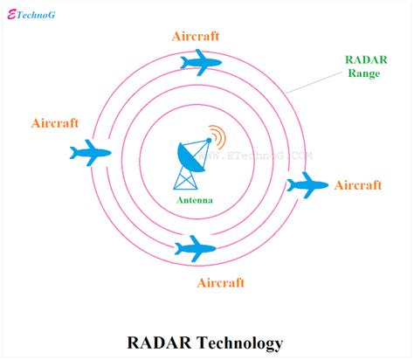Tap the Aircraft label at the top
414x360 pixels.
pyautogui.click(x=194, y=36)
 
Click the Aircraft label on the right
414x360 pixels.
pyautogui.click(x=358, y=185)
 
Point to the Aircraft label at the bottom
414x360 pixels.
pyautogui.click(x=221, y=283)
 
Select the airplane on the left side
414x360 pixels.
pyautogui.click(x=92, y=153)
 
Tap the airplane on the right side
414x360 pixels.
pyautogui.click(x=307, y=184)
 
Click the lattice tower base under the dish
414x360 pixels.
pyautogui.click(x=187, y=178)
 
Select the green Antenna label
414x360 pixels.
pyautogui.click(x=194, y=200)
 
